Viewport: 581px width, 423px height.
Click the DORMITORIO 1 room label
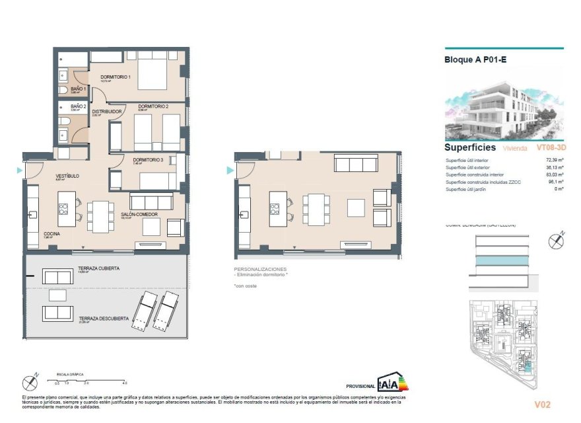click(x=116, y=77)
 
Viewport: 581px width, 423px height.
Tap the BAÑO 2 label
click(x=79, y=106)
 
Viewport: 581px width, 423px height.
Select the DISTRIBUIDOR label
click(x=106, y=112)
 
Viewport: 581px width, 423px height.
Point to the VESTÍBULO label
click(x=67, y=176)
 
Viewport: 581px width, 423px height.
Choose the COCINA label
click(x=52, y=234)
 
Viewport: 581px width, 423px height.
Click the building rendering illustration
click(x=504, y=104)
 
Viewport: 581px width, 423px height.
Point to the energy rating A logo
click(x=388, y=383)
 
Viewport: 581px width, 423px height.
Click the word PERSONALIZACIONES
click(x=261, y=269)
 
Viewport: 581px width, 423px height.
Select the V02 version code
click(x=542, y=404)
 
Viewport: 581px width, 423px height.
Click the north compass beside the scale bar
click(x=29, y=381)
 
